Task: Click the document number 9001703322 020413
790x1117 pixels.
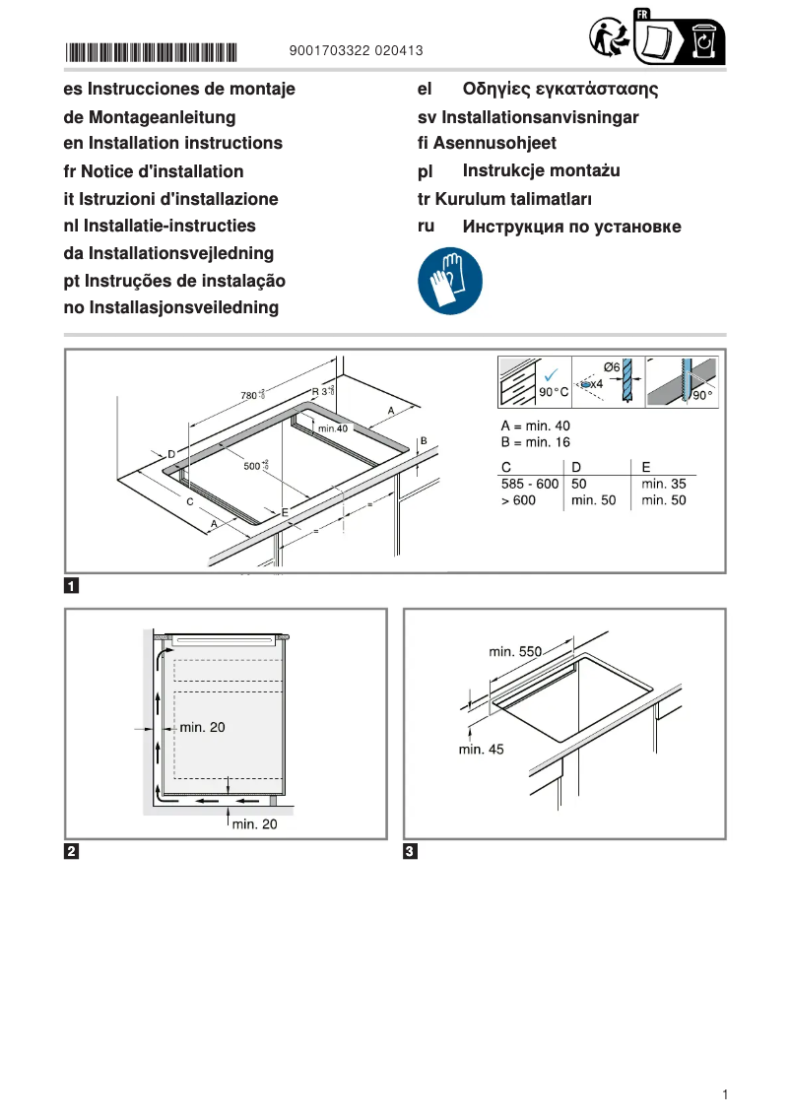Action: (357, 50)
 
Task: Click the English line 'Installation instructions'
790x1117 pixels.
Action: (172, 144)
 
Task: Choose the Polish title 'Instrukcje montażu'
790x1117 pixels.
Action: (541, 171)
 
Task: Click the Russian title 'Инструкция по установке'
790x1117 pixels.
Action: (571, 228)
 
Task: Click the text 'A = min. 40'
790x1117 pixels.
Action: (536, 426)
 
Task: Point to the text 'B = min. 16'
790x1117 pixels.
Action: (536, 442)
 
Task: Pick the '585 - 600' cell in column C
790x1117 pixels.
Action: (529, 484)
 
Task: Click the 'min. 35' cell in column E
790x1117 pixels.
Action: (663, 484)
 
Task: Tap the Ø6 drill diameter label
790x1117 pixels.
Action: (611, 367)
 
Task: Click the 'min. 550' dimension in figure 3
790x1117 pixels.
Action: (515, 651)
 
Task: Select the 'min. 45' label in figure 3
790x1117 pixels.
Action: (481, 750)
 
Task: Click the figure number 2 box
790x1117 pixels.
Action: (72, 851)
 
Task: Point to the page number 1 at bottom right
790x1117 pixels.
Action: (724, 1094)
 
